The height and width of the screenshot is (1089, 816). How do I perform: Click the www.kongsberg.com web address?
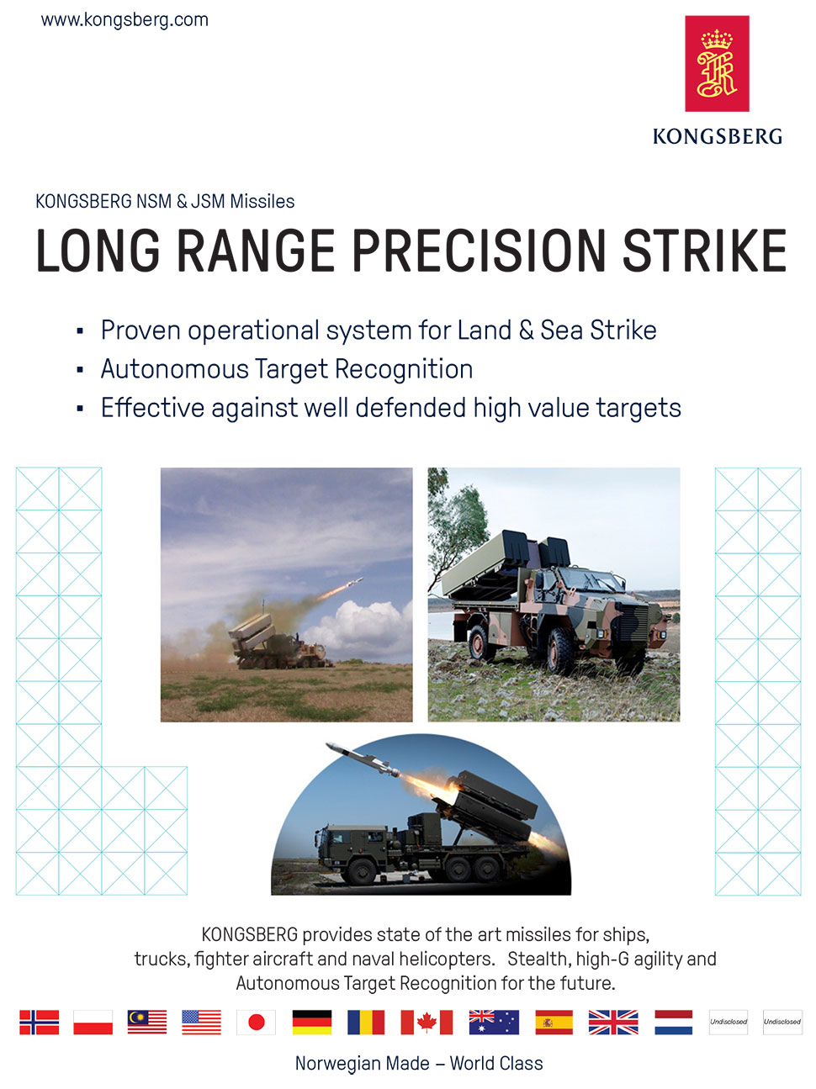point(125,20)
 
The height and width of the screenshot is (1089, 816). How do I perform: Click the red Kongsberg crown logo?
point(717,64)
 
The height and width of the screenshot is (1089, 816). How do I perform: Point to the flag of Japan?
point(256,1022)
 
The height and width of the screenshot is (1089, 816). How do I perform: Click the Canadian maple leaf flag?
point(427,1022)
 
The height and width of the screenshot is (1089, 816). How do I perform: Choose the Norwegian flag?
point(40,1022)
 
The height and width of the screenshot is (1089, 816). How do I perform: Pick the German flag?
point(312,1022)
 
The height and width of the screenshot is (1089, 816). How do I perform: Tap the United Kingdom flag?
point(613,1022)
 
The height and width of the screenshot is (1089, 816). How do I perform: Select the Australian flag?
point(494,1022)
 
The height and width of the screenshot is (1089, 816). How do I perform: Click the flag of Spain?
point(554,1022)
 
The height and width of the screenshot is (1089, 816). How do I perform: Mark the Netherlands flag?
point(674,1022)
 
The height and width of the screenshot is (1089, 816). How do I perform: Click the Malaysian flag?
point(147,1022)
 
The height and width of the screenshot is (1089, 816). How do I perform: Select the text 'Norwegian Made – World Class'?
point(419,1063)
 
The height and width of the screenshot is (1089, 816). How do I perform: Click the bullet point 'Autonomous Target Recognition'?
point(286,370)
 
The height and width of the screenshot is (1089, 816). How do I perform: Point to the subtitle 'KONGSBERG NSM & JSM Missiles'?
point(165,202)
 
